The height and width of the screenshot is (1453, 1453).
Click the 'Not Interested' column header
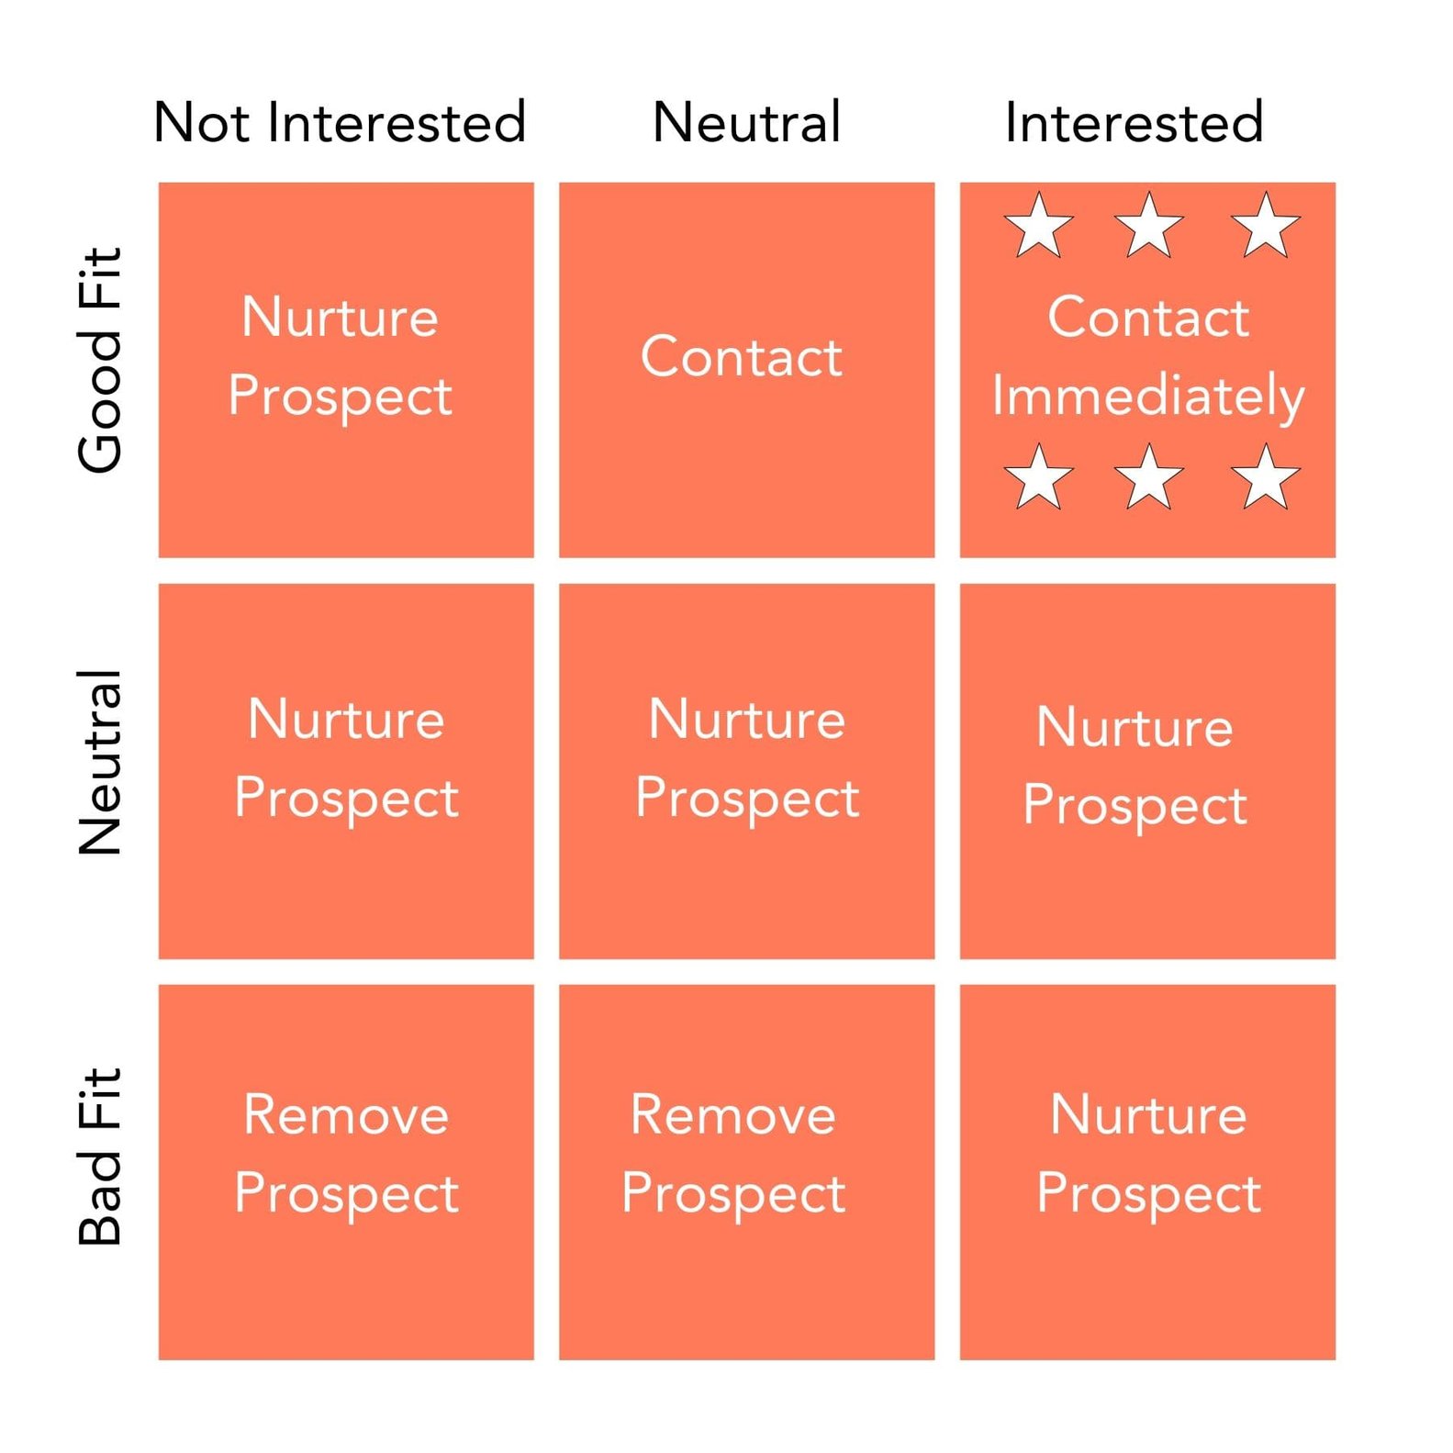340,122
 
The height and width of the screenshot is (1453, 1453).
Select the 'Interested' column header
1134,122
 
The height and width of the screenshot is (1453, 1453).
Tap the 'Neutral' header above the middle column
746,122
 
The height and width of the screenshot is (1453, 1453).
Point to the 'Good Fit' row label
100,360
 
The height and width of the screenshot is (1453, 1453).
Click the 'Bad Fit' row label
100,1157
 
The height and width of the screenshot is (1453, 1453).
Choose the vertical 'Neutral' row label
100,763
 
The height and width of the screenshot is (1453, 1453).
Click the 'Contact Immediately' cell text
1147,355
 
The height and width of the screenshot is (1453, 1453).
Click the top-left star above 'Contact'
1039,226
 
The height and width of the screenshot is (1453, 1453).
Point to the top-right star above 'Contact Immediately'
1266,226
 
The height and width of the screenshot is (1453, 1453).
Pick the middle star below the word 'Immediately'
1148,477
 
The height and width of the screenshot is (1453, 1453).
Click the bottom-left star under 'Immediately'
1039,477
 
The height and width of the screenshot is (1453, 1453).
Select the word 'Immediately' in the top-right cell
1147,396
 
